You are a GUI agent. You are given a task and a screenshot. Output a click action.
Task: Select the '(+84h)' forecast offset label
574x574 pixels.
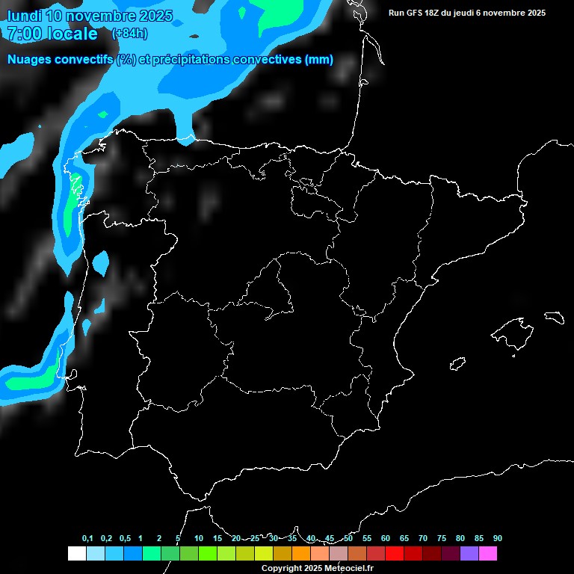pos(129,34)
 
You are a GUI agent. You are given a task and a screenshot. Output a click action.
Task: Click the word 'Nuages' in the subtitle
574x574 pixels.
pos(29,60)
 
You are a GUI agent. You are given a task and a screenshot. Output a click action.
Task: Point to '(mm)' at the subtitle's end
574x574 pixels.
pos(319,60)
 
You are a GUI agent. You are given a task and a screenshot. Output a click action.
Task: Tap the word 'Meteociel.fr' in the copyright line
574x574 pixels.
pos(348,568)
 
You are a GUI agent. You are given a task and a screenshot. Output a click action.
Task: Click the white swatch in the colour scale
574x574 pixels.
pos(76,554)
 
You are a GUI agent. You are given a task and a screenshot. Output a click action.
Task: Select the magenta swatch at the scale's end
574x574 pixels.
pos(488,554)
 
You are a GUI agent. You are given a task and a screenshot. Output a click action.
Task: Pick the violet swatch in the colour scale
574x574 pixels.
pos(469,554)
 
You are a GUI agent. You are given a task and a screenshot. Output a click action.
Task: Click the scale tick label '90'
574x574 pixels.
pos(498,538)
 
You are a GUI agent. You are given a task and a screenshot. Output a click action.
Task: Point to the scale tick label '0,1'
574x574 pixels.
pos(87,538)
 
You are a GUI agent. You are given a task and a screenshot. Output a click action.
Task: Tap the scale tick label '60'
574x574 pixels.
pos(386,538)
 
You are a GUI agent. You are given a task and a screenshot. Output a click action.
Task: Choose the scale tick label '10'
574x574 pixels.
pos(199,538)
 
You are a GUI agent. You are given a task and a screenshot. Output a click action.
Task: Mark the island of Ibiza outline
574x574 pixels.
pos(458,363)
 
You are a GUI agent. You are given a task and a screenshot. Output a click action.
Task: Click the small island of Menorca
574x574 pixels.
pos(553,317)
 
